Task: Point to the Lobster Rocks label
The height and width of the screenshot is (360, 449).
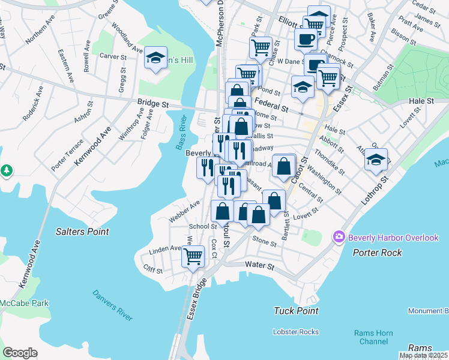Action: (x=295, y=331)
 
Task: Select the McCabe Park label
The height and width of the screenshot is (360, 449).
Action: (x=24, y=303)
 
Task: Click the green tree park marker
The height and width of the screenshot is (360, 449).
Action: (x=7, y=171)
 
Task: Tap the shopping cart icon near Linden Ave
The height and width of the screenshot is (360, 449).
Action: (x=193, y=257)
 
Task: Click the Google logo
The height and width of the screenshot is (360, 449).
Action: (x=20, y=352)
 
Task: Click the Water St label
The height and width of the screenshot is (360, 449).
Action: (x=259, y=265)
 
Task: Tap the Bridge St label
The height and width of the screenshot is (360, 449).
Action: (x=153, y=103)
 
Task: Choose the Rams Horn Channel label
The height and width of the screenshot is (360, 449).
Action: (x=373, y=337)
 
